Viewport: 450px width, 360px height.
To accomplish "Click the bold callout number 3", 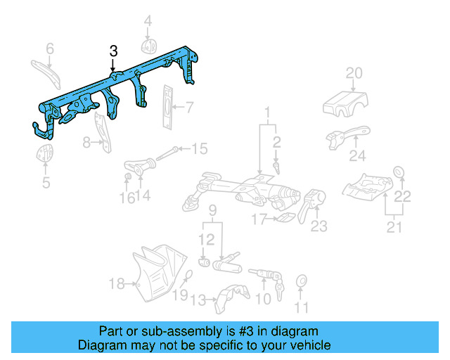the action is [x=114, y=51].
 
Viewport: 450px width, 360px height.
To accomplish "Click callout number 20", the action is [x=354, y=73].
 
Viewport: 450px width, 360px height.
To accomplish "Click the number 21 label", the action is [x=394, y=227].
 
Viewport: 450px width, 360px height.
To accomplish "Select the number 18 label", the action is [x=117, y=284].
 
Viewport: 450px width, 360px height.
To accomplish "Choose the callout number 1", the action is [x=268, y=112].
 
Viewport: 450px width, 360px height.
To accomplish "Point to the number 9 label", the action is [x=212, y=210].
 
